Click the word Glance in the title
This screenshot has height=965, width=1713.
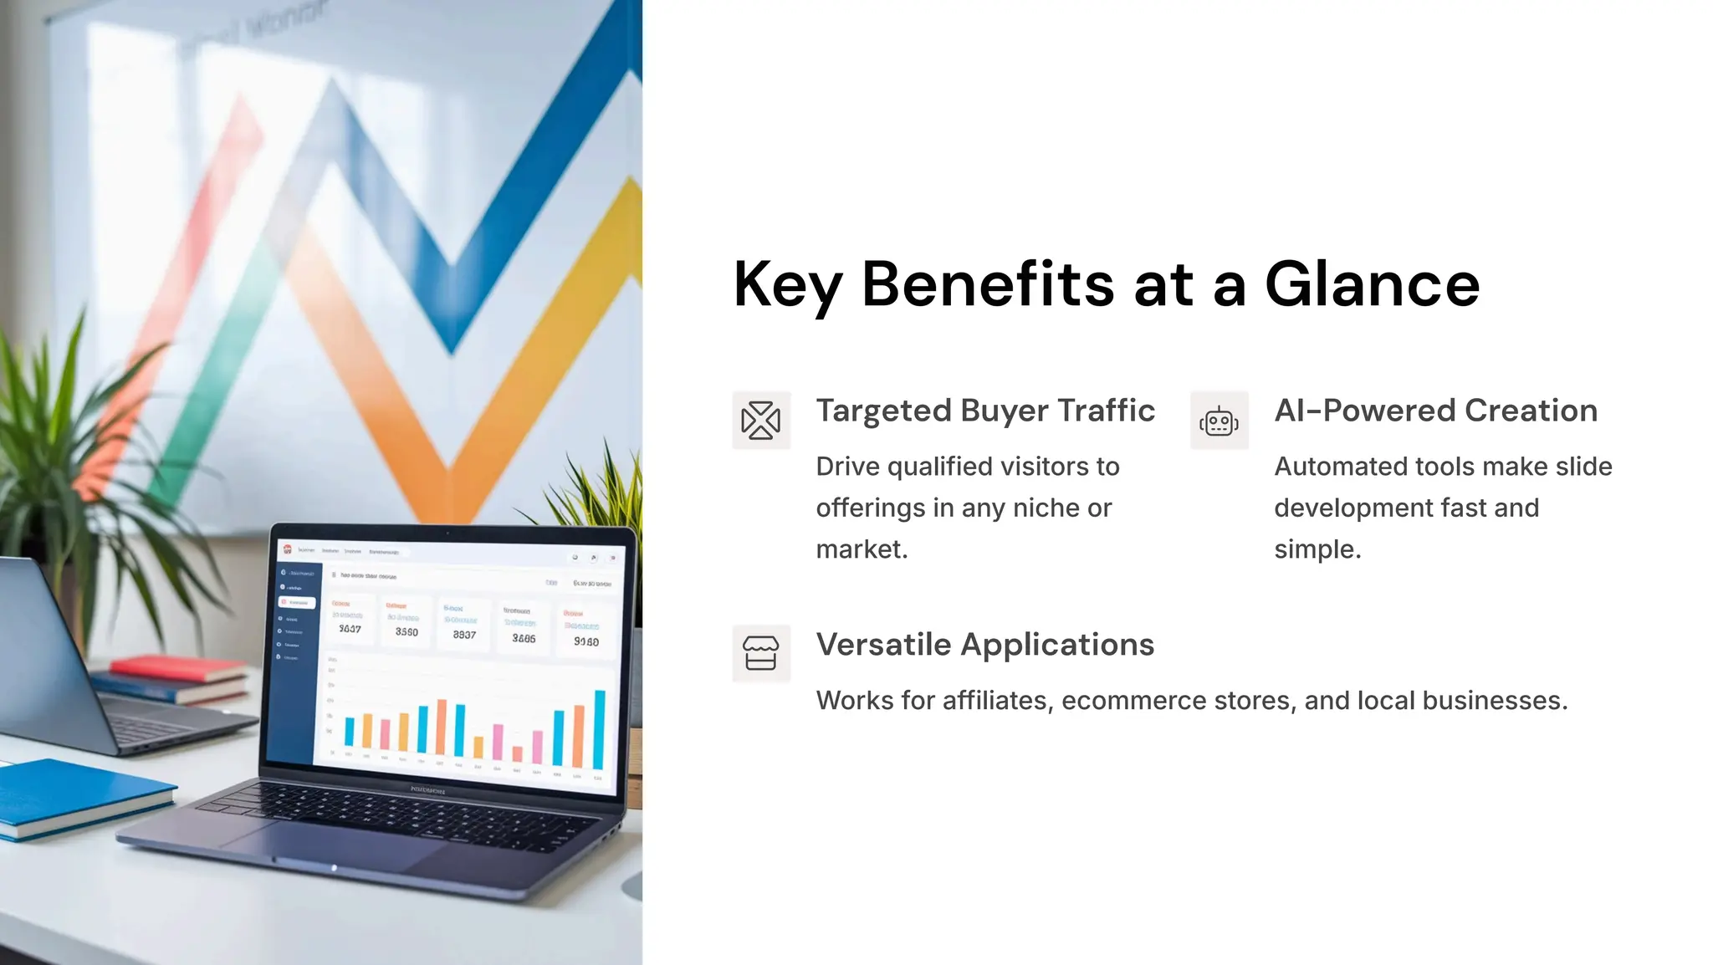tap(1372, 284)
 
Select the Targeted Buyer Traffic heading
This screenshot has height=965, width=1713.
tap(985, 411)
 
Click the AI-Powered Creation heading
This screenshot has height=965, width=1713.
tap(1435, 411)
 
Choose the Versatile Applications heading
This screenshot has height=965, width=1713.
tap(984, 645)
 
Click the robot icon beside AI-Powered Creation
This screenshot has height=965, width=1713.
tap(1219, 421)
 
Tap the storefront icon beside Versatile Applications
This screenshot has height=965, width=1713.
tap(760, 653)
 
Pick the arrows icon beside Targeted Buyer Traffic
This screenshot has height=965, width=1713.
tap(760, 421)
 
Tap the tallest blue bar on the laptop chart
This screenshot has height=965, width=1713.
tap(599, 729)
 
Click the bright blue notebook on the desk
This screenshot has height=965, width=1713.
tap(75, 794)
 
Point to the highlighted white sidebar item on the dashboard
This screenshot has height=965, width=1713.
tap(297, 602)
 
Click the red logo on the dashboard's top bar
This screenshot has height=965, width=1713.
tap(287, 549)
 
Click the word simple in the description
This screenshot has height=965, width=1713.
tap(1317, 549)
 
